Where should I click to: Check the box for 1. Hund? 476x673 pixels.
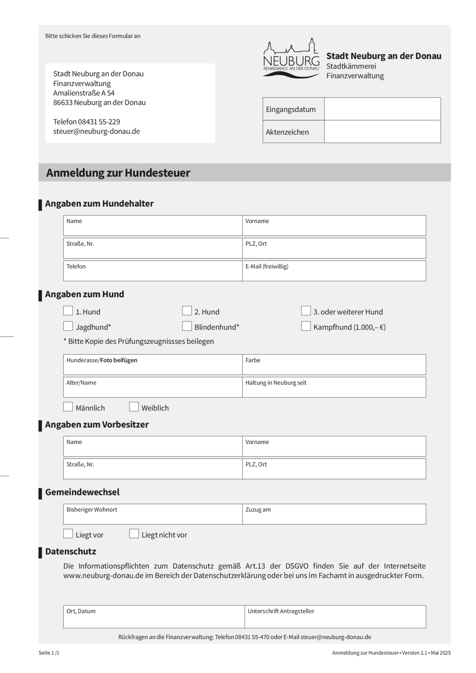tap(68, 311)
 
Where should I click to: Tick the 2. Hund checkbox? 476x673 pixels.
tap(187, 311)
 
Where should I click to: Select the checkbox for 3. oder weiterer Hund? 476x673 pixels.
tap(306, 311)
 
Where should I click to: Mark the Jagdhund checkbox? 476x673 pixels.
tap(68, 326)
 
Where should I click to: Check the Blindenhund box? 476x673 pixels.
tap(187, 326)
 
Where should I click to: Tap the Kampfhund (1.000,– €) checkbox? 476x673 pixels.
tap(306, 326)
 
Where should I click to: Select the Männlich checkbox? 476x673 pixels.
tap(68, 407)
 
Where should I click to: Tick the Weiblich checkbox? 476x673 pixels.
tap(134, 407)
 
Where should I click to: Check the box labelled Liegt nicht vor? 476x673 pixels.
tap(134, 534)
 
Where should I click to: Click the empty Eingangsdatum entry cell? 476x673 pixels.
tap(382, 109)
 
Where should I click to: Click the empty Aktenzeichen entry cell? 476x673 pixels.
tap(382, 132)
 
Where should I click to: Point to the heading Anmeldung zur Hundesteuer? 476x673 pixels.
tap(118, 173)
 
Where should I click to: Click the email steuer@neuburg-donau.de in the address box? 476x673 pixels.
tap(97, 131)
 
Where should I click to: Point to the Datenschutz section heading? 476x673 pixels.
tap(71, 551)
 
